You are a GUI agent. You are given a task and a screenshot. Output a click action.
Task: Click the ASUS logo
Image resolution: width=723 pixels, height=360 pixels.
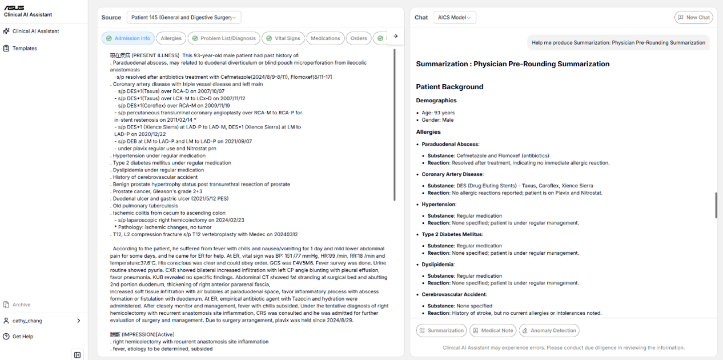(x=14, y=7)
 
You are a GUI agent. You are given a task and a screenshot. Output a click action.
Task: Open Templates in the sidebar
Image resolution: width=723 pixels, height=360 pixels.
(x=25, y=49)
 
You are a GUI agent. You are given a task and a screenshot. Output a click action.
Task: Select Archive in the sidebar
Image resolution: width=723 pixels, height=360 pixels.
(x=22, y=305)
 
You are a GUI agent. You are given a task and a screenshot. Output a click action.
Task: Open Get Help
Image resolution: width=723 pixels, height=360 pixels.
(x=23, y=337)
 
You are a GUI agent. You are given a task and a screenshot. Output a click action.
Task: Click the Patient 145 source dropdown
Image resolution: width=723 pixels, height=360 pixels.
(x=184, y=18)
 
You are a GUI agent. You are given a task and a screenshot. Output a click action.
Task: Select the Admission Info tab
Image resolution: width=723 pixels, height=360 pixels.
(x=128, y=38)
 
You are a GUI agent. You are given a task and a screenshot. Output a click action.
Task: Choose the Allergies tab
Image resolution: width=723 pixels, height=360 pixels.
(x=171, y=38)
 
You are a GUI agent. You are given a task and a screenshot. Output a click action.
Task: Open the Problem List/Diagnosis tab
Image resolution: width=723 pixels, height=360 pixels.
(x=223, y=38)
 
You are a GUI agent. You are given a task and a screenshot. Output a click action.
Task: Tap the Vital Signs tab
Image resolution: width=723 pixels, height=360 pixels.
(x=283, y=38)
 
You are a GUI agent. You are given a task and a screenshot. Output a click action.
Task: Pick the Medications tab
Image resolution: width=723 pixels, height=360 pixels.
(x=325, y=38)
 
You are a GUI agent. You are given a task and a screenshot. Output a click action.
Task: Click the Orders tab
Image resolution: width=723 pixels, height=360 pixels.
(x=359, y=38)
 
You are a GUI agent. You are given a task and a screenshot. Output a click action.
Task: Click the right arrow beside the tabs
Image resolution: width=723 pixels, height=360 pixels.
(x=395, y=37)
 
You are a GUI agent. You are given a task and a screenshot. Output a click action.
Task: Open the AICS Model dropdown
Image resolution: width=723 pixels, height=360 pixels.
(x=455, y=18)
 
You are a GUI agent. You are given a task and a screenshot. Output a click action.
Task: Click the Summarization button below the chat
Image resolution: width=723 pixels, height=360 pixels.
(x=441, y=330)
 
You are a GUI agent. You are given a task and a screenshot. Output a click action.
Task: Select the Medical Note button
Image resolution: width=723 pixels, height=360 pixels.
(x=492, y=330)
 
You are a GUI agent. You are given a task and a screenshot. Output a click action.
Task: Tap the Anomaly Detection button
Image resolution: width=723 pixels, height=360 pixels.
(x=548, y=330)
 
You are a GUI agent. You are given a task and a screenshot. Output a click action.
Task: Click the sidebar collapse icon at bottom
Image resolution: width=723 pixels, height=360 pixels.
(x=78, y=355)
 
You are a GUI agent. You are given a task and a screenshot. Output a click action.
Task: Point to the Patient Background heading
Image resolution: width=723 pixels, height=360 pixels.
(x=449, y=87)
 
